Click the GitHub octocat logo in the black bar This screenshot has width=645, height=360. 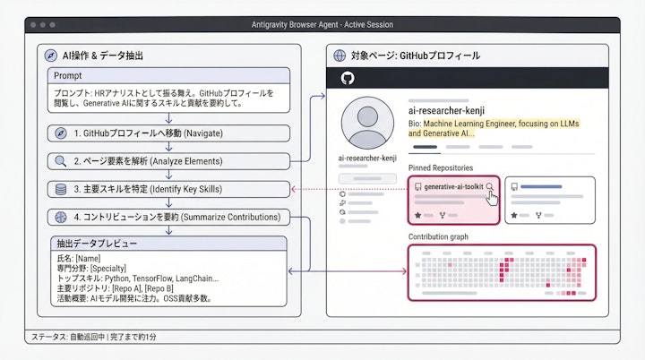pos(348,79)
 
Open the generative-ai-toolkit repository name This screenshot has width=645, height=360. pos(453,186)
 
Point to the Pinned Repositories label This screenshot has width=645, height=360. pos(440,167)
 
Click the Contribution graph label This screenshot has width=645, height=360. pos(439,237)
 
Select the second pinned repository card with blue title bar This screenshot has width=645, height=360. pos(550,199)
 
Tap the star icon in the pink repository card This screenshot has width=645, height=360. pos(417,216)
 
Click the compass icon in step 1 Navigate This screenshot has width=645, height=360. pos(61,133)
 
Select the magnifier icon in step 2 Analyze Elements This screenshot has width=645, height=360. pos(61,161)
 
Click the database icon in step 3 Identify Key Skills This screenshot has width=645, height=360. pos(61,189)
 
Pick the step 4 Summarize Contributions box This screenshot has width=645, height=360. pos(168,217)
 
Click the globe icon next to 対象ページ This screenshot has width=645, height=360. pos(340,56)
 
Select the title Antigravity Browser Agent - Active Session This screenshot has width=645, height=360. pos(322,24)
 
